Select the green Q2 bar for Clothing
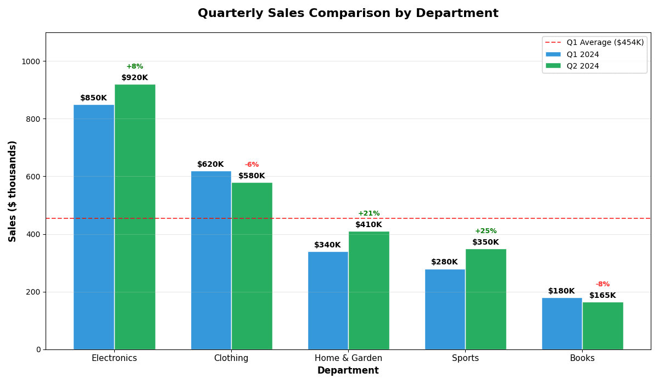click(x=252, y=266)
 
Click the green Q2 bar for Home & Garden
click(x=368, y=290)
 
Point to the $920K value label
click(x=135, y=78)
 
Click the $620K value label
click(x=210, y=165)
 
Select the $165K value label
click(x=602, y=296)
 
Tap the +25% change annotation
click(x=485, y=231)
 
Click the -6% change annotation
click(x=252, y=165)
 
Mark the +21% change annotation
click(x=368, y=213)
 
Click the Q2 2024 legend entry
click(x=583, y=66)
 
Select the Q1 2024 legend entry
click(x=583, y=55)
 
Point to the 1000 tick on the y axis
click(x=31, y=61)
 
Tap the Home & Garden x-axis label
click(x=348, y=358)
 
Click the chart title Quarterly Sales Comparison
click(x=348, y=14)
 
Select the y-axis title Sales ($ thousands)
click(x=13, y=191)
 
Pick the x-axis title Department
click(x=348, y=371)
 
